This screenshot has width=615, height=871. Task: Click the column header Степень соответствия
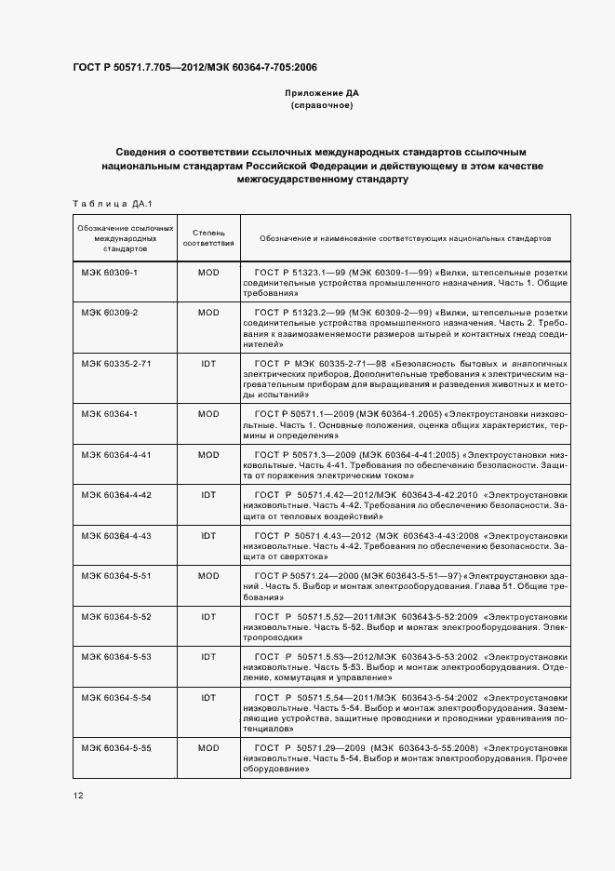tap(208, 238)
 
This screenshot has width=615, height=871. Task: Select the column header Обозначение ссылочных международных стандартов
tap(113, 238)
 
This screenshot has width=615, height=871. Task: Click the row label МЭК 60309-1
tap(109, 273)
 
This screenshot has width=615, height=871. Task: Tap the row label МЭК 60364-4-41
tap(115, 455)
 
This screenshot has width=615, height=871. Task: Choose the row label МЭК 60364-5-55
tap(115, 747)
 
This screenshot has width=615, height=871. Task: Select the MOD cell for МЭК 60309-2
tap(208, 312)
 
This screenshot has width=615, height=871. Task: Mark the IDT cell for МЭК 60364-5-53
tap(208, 656)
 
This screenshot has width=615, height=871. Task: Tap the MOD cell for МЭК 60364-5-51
tap(208, 576)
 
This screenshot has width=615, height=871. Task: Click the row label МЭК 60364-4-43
tap(115, 536)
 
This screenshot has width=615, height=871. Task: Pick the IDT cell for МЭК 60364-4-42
tap(208, 495)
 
